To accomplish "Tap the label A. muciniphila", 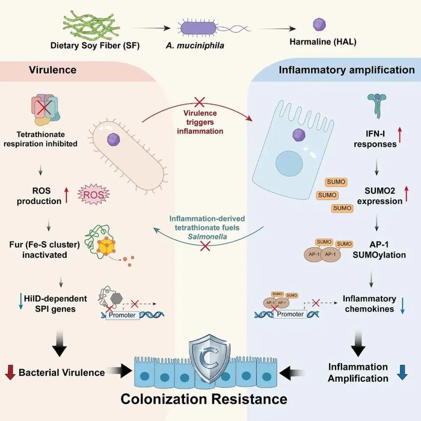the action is coord(195,45).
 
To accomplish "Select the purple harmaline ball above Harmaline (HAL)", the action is coord(319,25).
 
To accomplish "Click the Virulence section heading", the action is coord(53,70).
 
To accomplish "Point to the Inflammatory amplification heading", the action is coord(346,70).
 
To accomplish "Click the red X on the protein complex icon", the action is coord(45,108).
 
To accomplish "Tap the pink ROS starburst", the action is coord(94,194).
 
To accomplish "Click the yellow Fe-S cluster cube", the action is coord(106,246).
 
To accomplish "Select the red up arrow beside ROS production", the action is coord(67,195).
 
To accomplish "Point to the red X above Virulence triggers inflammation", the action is coord(199,102).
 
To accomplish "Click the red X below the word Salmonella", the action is coord(206,246).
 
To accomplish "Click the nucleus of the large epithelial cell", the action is coord(289,164).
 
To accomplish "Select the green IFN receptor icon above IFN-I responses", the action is coord(377,105).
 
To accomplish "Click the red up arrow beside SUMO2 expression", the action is coord(407,194).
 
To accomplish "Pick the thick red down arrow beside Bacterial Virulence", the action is coord(10,372).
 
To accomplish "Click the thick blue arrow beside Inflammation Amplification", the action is coord(402,372).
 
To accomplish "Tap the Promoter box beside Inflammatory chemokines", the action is coord(290,314).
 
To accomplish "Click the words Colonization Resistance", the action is coord(204,399).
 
